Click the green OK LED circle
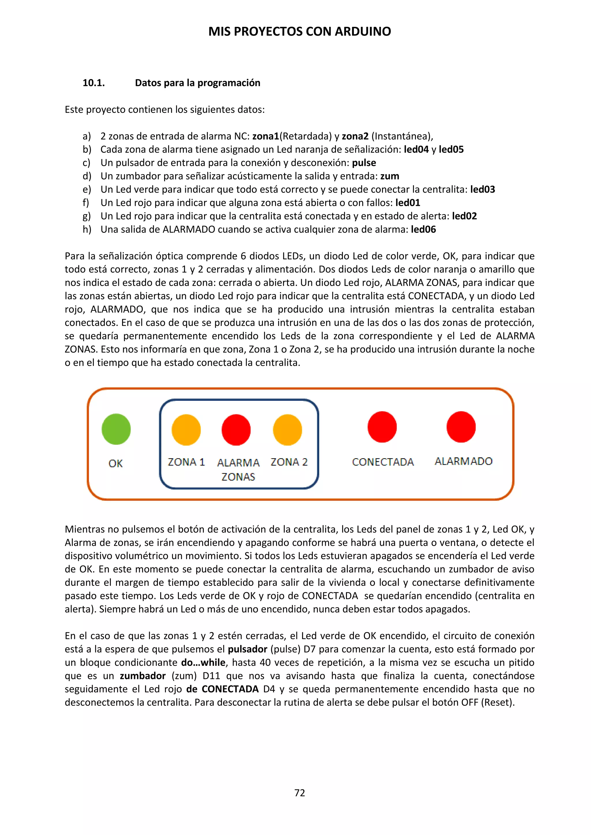116,429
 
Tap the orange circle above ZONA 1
186,430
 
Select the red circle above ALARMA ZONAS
236,430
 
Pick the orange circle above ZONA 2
287,430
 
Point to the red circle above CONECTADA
382,427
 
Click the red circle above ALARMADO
461,427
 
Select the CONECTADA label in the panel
383,462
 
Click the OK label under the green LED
116,464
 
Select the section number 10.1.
93,83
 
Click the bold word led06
423,230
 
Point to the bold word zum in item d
390,176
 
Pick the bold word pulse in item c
364,163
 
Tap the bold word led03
482,189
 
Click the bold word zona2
355,136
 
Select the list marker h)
87,230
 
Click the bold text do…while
203,663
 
